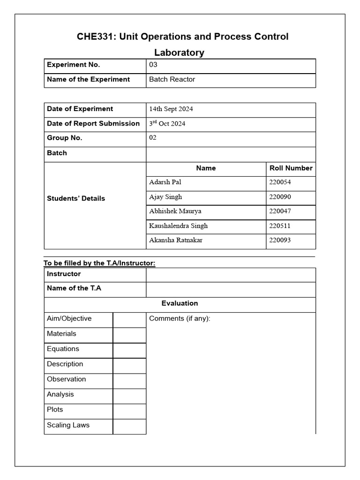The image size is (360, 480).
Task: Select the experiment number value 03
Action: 153,65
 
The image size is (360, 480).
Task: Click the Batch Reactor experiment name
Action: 172,79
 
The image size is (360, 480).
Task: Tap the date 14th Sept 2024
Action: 171,109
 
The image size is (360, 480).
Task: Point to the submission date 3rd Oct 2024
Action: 167,123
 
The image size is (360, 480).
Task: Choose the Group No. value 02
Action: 153,138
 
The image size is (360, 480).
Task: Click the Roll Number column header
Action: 291,168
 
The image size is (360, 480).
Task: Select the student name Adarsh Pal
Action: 165,182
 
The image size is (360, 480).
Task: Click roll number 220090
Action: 280,197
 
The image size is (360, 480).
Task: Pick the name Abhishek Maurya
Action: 175,211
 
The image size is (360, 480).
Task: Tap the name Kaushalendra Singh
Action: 178,226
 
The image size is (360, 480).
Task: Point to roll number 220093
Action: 280,240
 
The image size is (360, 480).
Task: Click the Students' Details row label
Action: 76,198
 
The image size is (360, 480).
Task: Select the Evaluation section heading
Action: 180,303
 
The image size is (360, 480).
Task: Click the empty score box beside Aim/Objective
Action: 129,320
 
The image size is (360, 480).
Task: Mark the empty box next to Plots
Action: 129,411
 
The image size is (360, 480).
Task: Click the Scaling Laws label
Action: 68,425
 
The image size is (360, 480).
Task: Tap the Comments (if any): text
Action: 180,319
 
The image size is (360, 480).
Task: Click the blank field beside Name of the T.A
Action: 231,289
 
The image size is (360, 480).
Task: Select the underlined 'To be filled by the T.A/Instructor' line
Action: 99,263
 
